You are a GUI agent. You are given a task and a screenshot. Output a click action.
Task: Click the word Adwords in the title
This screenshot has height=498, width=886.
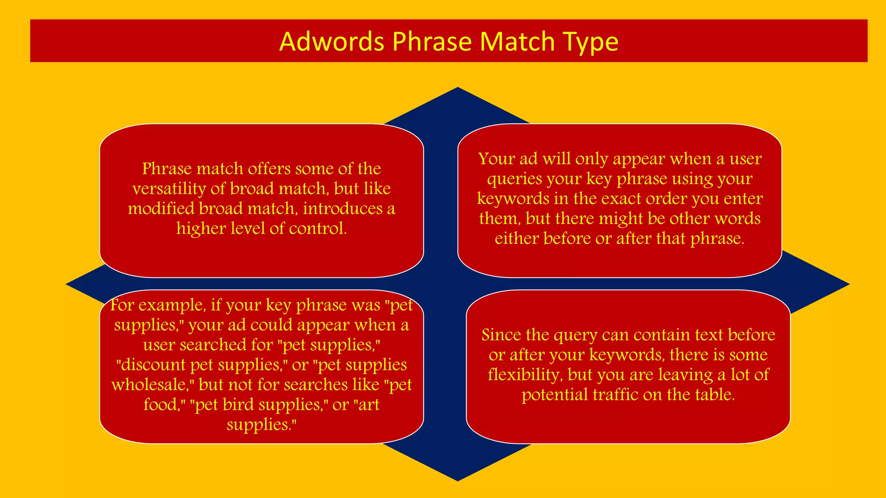point(332,41)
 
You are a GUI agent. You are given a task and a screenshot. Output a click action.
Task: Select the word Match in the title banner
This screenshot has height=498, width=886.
point(517,41)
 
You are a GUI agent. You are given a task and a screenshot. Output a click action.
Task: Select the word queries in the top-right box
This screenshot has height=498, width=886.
point(509,179)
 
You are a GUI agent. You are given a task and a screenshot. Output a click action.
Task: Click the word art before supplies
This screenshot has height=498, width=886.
point(368,405)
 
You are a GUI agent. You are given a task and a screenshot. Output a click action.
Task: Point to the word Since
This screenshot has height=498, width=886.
point(501,335)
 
